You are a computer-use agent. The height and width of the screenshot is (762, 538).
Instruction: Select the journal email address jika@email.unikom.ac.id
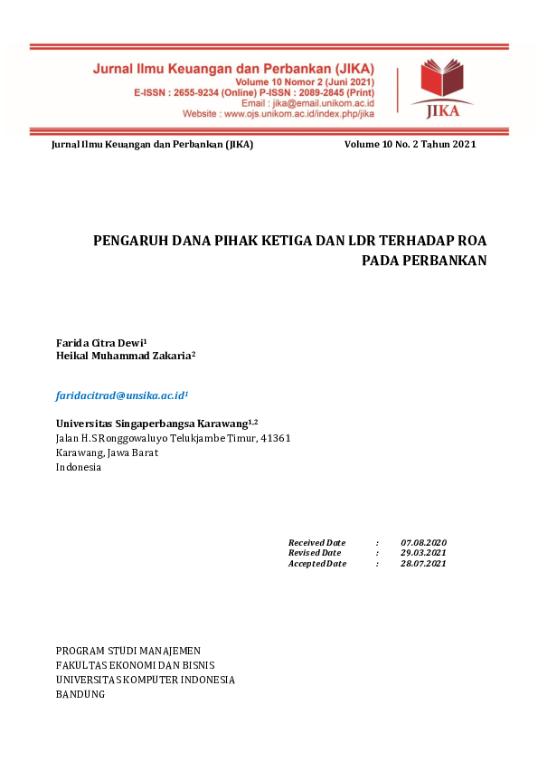330,103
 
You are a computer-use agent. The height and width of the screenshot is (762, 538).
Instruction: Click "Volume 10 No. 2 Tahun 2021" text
410,145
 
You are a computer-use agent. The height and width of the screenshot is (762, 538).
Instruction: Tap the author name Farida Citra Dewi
99,343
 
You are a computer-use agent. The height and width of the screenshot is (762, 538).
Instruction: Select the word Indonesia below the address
79,467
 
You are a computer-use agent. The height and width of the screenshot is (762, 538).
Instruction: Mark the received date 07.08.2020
423,541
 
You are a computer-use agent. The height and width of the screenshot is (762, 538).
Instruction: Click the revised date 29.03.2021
423,552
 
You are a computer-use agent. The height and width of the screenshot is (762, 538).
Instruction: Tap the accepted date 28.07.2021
423,563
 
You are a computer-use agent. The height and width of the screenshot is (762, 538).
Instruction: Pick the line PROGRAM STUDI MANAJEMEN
128,651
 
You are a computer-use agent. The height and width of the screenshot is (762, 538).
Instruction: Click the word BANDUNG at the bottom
80,694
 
